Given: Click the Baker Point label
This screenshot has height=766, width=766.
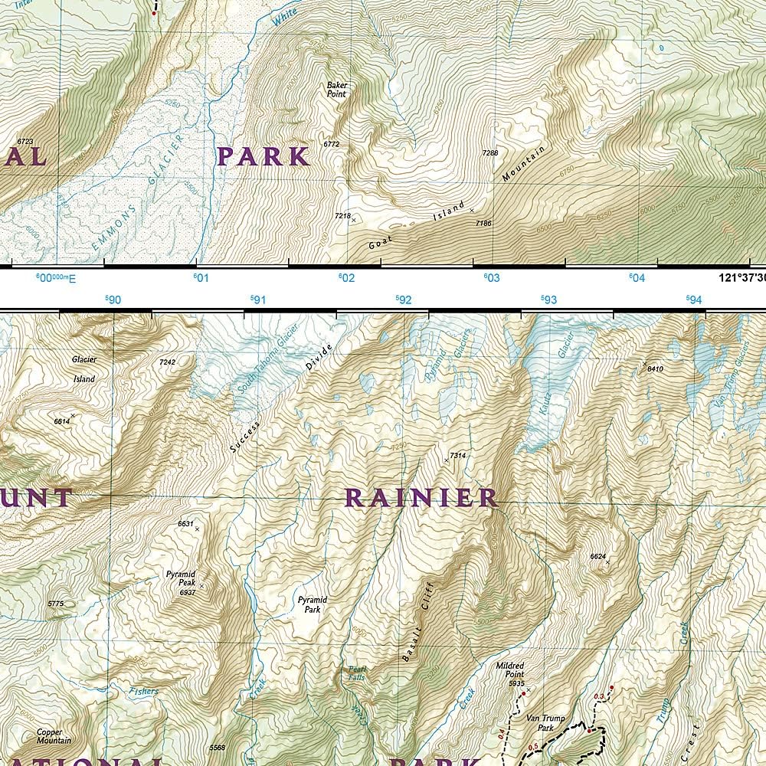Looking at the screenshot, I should tap(336, 90).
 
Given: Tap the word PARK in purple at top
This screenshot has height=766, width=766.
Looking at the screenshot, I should tap(263, 156).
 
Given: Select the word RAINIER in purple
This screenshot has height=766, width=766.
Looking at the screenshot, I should tap(421, 498).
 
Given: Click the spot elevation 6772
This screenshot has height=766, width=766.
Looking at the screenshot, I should tap(331, 144).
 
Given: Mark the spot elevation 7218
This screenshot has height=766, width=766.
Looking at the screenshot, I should tap(342, 217).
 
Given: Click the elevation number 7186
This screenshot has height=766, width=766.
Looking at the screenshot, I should tap(483, 223).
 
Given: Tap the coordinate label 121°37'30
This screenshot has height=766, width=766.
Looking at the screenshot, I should tap(741, 278).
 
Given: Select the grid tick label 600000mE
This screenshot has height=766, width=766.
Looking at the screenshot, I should tap(56, 278).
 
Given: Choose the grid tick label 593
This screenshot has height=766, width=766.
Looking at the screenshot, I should tap(548, 300).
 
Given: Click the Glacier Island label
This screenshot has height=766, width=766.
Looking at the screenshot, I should tap(83, 368).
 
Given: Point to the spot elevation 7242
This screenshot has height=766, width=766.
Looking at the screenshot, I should tap(167, 362).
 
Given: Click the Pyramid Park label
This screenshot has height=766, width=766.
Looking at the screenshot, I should tap(309, 604).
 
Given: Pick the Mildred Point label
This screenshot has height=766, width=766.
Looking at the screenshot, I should tap(510, 669).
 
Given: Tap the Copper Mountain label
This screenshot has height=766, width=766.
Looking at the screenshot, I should tap(54, 736).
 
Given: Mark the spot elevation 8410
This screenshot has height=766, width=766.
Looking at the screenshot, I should tap(655, 368).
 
